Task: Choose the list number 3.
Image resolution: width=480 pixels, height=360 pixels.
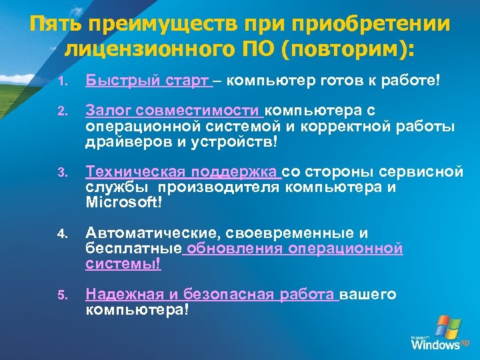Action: pyautogui.click(x=61, y=173)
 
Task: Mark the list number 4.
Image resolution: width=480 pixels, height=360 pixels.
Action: pyautogui.click(x=61, y=235)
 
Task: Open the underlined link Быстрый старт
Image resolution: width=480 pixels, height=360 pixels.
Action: pyautogui.click(x=147, y=81)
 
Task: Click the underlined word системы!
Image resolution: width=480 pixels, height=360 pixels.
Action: pyautogui.click(x=123, y=264)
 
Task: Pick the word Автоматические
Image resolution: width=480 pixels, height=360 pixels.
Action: pyautogui.click(x=153, y=233)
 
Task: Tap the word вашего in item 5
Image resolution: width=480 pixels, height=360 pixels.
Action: pyautogui.click(x=369, y=295)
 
